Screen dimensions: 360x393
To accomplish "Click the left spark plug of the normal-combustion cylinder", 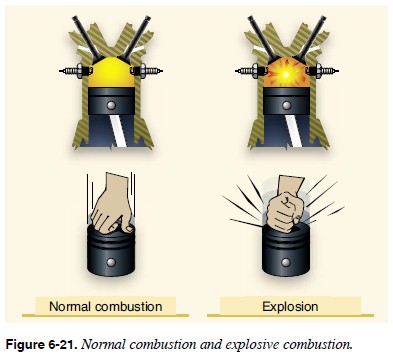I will pos(73,71).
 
